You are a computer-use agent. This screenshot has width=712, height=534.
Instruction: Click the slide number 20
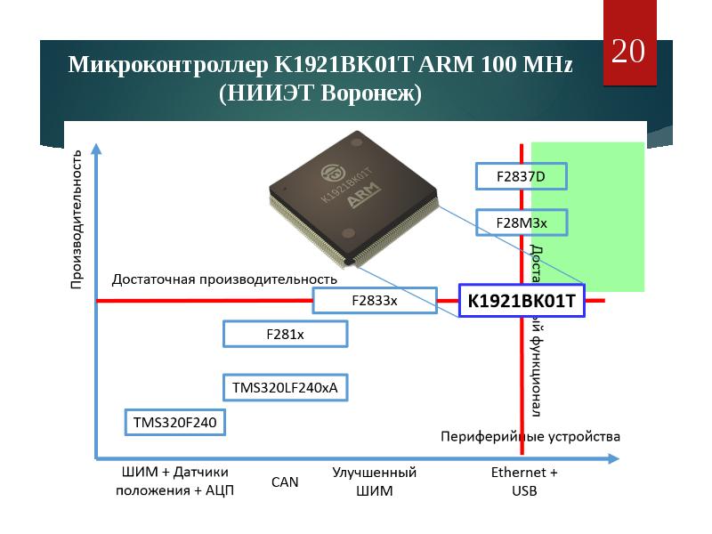[628, 52]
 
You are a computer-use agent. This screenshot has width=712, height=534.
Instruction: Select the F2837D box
[508, 177]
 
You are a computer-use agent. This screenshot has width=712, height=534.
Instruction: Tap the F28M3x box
[508, 222]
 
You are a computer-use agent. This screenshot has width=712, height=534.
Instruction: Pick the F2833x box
[375, 301]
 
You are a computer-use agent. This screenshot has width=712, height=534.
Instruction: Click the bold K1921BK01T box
[522, 302]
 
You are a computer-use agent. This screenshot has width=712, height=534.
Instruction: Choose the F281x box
[285, 334]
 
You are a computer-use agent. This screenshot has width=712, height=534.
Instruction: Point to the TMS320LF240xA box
[285, 388]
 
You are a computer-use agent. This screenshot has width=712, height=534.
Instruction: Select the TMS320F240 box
[174, 422]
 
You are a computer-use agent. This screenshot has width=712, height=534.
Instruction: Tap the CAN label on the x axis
[285, 482]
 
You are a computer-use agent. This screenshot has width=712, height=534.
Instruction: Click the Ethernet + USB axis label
[524, 481]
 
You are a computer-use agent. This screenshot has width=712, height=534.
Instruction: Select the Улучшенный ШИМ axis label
[374, 481]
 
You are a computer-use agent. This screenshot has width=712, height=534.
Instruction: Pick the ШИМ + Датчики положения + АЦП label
[174, 481]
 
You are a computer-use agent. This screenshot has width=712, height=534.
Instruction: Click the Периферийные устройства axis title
[530, 437]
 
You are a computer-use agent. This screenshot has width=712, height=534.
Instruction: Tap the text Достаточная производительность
[224, 279]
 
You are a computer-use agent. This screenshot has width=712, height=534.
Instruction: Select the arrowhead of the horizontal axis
[613, 459]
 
